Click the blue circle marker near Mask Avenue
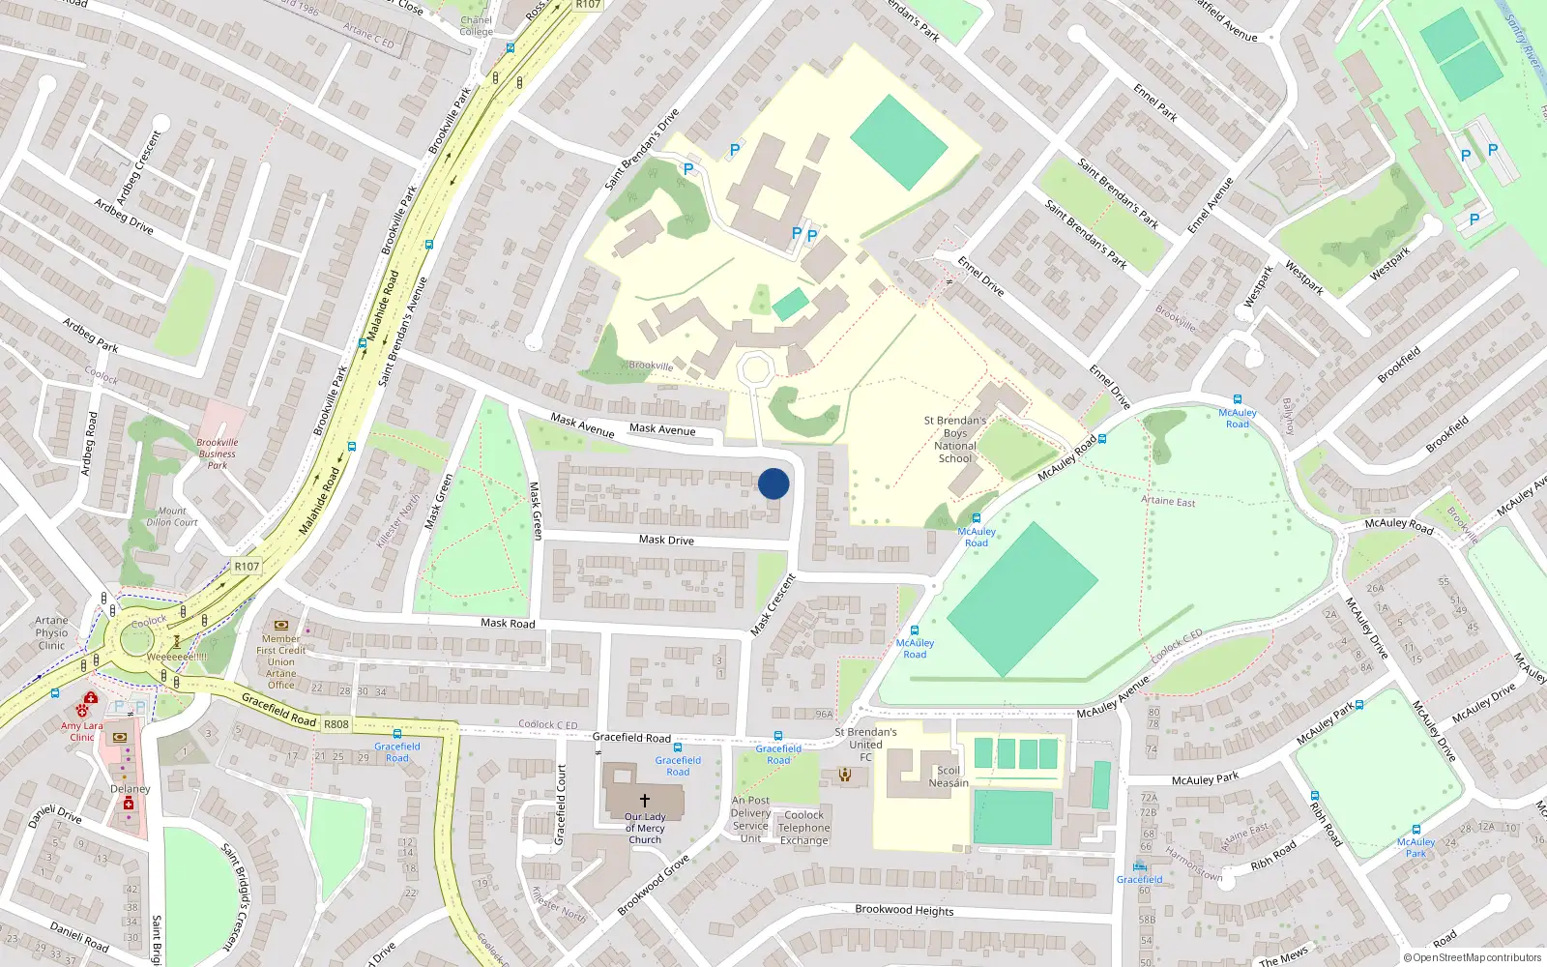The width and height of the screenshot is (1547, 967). click(773, 483)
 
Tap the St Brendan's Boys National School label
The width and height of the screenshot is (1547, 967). click(954, 440)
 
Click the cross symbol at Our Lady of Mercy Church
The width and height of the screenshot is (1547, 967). click(645, 801)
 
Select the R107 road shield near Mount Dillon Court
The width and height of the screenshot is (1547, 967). click(247, 567)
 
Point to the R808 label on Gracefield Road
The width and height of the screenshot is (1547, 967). click(336, 724)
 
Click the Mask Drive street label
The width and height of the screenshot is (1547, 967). click(666, 540)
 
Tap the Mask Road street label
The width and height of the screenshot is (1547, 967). click(508, 623)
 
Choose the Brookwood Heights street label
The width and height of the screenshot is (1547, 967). click(904, 910)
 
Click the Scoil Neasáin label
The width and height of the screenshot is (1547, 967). click(949, 777)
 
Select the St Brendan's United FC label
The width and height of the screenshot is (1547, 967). click(865, 744)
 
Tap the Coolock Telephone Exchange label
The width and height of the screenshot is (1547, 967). click(804, 828)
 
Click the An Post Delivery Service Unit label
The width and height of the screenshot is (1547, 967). click(750, 819)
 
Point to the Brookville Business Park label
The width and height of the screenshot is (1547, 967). click(218, 454)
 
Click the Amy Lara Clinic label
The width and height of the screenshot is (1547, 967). click(81, 731)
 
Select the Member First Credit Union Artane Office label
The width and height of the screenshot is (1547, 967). click(280, 661)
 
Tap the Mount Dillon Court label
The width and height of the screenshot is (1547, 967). click(172, 516)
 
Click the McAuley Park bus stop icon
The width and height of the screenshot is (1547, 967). click(1416, 830)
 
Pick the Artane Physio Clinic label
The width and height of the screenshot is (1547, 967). click(51, 632)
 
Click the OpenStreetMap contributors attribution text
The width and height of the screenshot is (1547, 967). click(1473, 958)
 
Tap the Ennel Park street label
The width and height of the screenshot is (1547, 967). click(1155, 103)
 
